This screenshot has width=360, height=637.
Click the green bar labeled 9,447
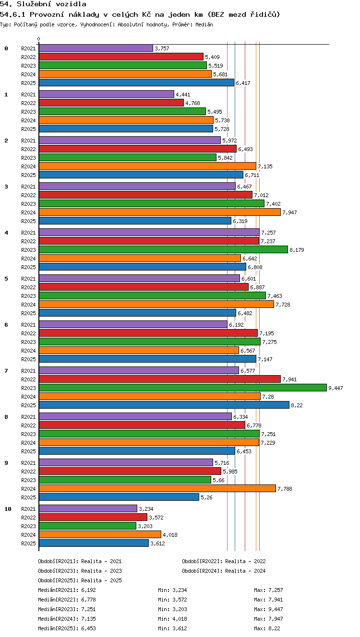tap(183, 388)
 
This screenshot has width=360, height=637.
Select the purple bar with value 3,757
tap(96, 48)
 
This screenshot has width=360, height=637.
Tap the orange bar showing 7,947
tap(160, 212)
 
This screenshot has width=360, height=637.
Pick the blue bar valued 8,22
tap(164, 405)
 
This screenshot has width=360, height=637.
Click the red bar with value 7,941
tap(160, 379)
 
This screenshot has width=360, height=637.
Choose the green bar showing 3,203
tap(87, 526)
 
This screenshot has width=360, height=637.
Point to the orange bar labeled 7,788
tap(157, 489)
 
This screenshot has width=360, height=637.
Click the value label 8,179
tap(297, 250)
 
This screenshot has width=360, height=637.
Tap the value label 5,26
tap(206, 497)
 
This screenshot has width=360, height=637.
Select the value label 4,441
tap(183, 94)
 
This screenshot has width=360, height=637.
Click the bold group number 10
tap(8, 509)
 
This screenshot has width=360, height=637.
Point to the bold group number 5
tap(6, 279)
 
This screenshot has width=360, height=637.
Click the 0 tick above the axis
tap(39, 39)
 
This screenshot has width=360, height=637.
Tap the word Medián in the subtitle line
tap(204, 24)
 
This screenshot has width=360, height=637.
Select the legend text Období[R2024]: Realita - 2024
tap(224, 571)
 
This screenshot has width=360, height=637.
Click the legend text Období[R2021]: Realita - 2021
tap(80, 561)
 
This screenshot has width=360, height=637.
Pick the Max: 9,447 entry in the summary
tap(268, 609)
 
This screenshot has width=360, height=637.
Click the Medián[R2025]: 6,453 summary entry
tap(67, 628)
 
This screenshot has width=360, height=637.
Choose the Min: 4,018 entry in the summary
tap(172, 619)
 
